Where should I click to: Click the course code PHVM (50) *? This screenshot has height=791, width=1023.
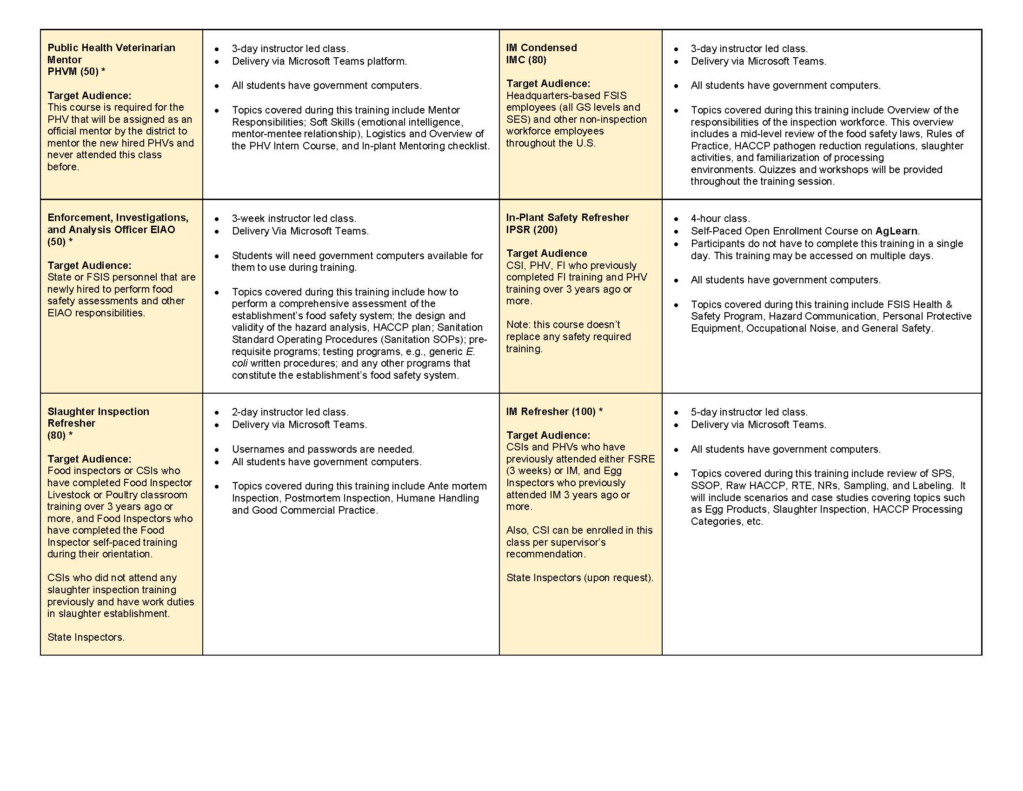click(76, 72)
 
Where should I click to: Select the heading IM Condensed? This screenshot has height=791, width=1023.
click(541, 48)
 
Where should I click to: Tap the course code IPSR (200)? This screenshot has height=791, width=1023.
click(531, 229)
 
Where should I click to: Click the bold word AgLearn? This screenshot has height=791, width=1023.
click(896, 231)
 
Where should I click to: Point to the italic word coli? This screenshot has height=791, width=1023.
click(239, 363)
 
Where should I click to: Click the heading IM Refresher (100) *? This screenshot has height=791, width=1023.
click(554, 411)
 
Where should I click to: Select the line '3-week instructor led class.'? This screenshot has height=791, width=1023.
click(294, 218)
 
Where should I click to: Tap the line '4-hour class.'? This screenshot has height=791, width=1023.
click(720, 218)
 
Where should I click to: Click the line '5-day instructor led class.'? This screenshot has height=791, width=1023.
click(749, 412)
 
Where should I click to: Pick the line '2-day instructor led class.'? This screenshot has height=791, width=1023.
click(290, 412)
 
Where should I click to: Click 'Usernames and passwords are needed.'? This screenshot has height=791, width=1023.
click(323, 449)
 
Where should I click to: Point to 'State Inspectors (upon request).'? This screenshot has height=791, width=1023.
click(579, 578)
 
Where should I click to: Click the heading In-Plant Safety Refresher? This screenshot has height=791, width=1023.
click(567, 217)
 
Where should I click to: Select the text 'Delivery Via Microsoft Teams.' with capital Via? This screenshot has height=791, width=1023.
click(300, 231)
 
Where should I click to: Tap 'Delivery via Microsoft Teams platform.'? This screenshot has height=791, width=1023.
click(319, 61)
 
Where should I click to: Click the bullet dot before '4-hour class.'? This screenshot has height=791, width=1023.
click(676, 219)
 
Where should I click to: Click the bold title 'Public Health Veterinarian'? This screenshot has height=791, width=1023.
click(111, 48)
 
